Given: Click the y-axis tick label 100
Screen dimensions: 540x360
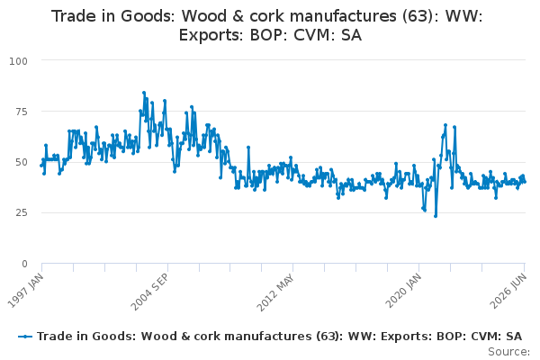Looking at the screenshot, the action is pos(18,61).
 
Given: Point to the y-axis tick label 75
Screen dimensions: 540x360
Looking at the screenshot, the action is pos(22,112).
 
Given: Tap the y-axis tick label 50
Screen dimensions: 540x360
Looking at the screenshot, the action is pos(22,162).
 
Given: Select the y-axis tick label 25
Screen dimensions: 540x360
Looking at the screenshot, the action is pos(22,212).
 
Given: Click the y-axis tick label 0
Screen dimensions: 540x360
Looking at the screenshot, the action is pos(24,264).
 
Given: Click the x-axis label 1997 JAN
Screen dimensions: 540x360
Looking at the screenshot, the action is pos(25,291).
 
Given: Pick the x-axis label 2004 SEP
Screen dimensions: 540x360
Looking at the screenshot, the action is pos(149,292).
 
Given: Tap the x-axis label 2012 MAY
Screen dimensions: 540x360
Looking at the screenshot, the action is pos(275,292).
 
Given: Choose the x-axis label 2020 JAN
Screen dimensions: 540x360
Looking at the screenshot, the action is pos(403,291).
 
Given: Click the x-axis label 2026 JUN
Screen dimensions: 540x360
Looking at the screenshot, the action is pos(508,291).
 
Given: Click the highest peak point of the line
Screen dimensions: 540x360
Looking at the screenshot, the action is pos(144,93).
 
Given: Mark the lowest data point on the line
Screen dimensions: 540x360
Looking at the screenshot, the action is pos(436,216).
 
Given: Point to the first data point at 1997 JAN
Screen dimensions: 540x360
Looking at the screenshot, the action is pos(41,166).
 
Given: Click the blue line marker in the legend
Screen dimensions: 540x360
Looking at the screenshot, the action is pos(25,337).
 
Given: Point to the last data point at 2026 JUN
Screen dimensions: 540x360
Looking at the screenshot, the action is pos(525,182).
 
